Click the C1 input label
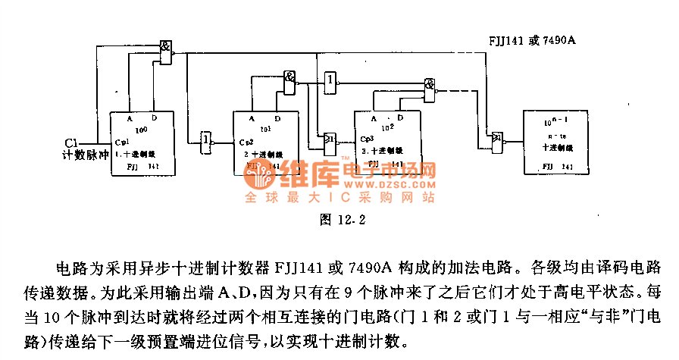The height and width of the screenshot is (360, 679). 71,142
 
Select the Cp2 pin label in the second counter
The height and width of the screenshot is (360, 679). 246,142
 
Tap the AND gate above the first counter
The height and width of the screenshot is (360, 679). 165,51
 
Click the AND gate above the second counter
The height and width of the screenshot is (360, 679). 289,77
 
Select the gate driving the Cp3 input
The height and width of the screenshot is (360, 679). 330,139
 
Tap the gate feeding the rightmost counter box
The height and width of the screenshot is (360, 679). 497,139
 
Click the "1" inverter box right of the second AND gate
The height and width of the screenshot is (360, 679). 330,80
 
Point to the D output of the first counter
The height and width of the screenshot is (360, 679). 154,119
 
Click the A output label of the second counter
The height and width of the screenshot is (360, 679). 253,119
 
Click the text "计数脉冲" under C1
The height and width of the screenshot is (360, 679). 86,155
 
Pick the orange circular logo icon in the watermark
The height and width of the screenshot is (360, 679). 264,177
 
